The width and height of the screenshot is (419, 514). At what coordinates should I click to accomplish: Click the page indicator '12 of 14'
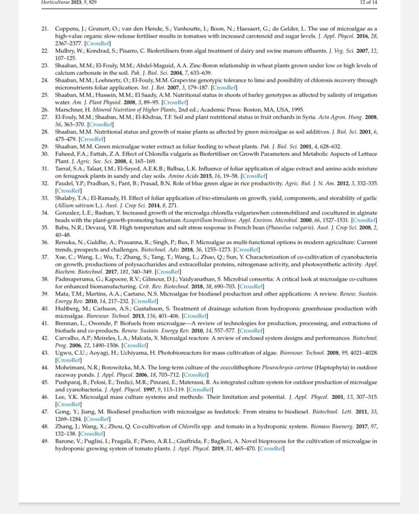(368, 3)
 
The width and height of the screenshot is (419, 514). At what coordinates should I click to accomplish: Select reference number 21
(45, 30)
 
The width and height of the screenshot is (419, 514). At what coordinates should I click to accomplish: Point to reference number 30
(45, 153)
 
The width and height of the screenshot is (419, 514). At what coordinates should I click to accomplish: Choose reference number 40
(45, 309)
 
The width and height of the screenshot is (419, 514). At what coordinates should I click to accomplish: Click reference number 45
(45, 383)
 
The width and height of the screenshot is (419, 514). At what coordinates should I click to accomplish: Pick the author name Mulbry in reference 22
(65, 51)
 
